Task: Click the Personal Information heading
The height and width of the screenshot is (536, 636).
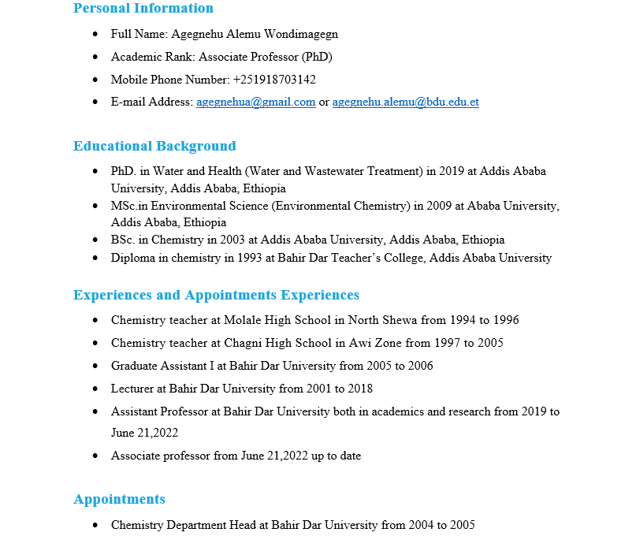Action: [143, 9]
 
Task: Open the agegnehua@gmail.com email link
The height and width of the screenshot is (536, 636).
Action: [255, 102]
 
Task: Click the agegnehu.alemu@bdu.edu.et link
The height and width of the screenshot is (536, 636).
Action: [405, 102]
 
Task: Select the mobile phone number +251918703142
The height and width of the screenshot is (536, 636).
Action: [274, 80]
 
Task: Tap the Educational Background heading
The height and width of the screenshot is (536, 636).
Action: [154, 147]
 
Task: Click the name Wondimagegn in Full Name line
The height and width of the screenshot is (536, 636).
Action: [303, 35]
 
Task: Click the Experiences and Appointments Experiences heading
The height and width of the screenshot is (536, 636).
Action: [216, 296]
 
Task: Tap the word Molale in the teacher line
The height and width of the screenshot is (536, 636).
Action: [242, 321]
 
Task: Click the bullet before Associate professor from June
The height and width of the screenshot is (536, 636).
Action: [95, 456]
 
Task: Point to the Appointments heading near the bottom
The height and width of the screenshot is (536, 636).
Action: [119, 500]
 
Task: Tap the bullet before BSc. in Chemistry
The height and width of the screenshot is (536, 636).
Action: [95, 240]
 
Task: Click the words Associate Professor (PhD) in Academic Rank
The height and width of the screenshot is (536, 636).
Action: [266, 58]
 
